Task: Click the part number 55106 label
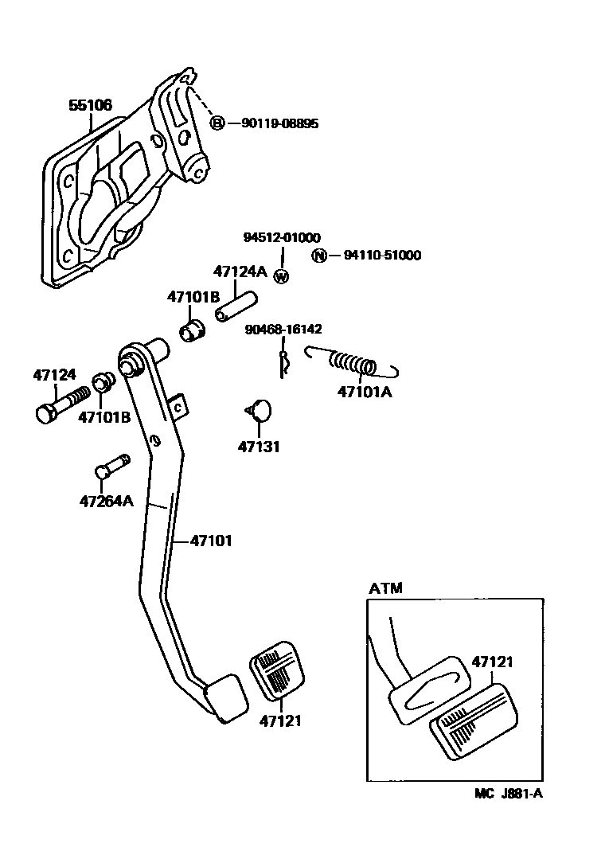[89, 104]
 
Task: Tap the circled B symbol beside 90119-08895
[217, 123]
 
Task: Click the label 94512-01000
[282, 237]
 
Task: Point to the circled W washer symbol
[281, 276]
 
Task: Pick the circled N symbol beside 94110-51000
[318, 256]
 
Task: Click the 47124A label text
[240, 271]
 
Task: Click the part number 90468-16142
[284, 329]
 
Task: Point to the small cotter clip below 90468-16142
[285, 363]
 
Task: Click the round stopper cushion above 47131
[259, 410]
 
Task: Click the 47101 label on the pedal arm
[211, 541]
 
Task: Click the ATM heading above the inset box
[386, 588]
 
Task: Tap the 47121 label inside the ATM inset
[492, 662]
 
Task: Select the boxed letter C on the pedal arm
[178, 408]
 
